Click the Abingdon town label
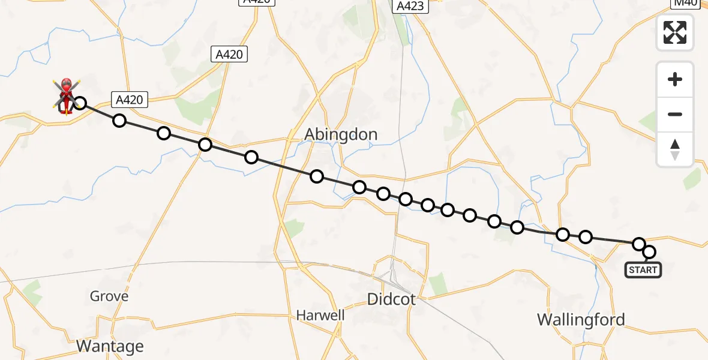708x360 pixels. coord(341,134)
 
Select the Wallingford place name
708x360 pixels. coord(581,319)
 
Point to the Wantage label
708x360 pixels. coord(110,346)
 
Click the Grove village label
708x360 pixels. coord(109,296)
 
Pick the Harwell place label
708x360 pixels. coord(320,315)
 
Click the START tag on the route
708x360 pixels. coord(643,270)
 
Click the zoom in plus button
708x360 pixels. coord(675,79)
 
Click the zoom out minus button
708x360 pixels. coord(675,114)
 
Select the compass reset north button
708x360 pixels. coord(675,149)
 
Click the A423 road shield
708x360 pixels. coord(410,7)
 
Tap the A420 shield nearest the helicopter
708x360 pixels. coord(129,100)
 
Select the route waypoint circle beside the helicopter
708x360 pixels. coord(79,103)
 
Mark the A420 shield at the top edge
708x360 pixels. coord(257,2)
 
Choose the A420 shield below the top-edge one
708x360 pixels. coord(229,55)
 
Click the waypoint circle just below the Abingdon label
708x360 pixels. coord(317,176)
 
